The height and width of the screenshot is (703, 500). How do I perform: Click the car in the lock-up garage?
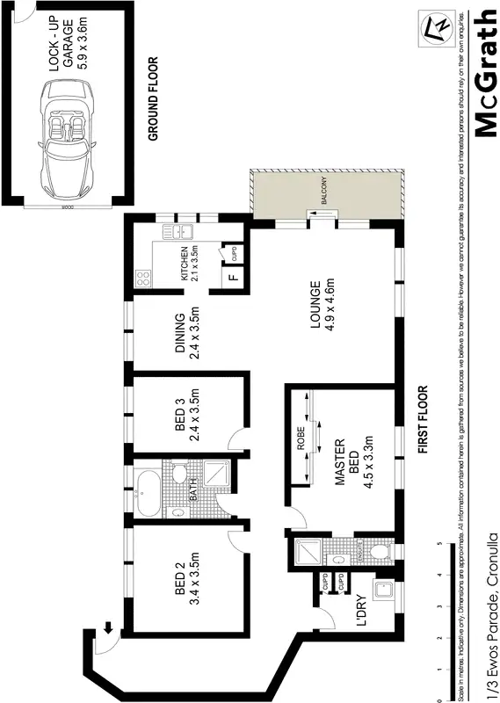pyautogui.click(x=65, y=131)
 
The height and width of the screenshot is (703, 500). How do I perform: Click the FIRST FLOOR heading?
pyautogui.click(x=423, y=419)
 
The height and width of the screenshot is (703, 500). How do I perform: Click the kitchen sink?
pyautogui.click(x=181, y=232)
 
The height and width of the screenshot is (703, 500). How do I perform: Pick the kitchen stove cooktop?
pyautogui.click(x=144, y=278)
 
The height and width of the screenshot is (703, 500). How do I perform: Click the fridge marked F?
pyautogui.click(x=232, y=279)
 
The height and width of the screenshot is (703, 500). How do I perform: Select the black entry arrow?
pyautogui.click(x=107, y=627)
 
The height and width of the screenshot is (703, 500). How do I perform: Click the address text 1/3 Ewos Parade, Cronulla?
pyautogui.click(x=493, y=615)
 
